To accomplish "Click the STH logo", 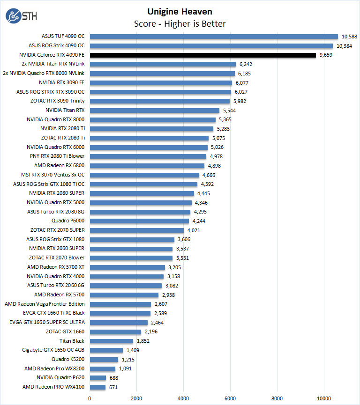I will pos(21,16).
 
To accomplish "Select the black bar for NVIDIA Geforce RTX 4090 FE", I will pos(202,55).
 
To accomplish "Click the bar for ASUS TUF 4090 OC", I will pos(213,37).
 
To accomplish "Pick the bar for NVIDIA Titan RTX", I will pos(154,110).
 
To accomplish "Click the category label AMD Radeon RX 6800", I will pos(60,165).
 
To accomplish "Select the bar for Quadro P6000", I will pos(139,221).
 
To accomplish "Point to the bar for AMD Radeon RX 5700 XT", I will pos(127,267).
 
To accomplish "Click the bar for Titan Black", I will pos(111,341).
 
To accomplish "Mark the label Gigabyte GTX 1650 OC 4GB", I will pos(53,350).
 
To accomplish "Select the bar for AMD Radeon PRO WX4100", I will pos(97,387).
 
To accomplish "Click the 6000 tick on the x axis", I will pos(230,399).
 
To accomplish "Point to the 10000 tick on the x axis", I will pos(324,399).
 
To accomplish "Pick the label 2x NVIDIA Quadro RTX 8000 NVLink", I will pos(44,74).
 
